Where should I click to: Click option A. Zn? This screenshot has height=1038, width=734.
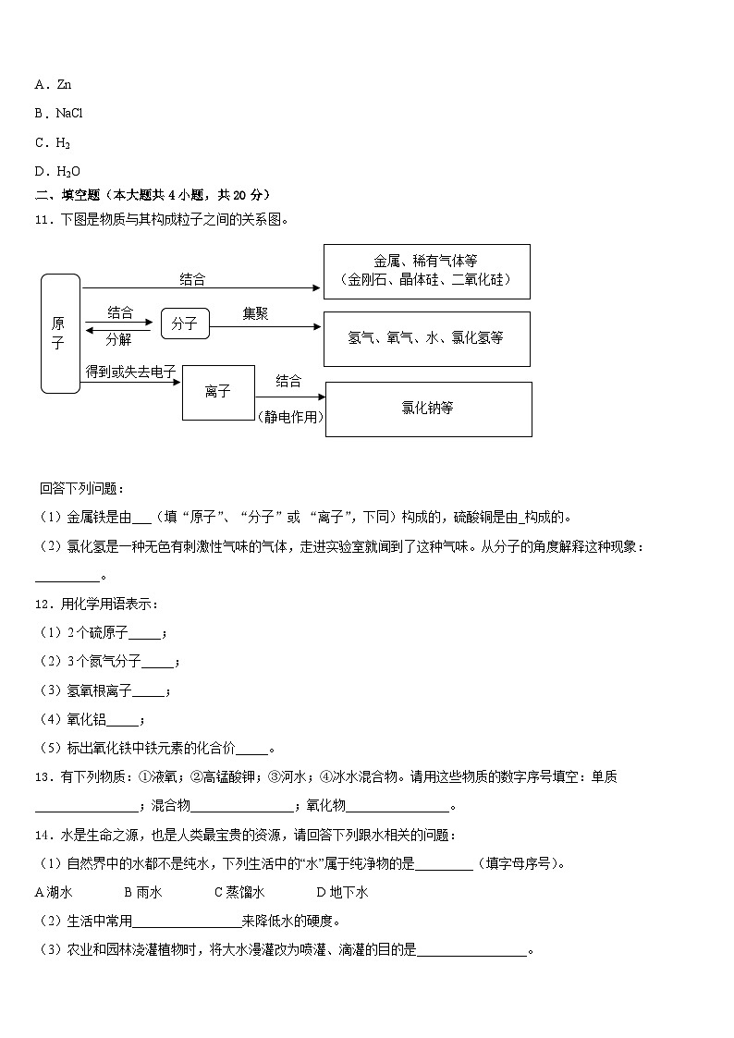(x=53, y=84)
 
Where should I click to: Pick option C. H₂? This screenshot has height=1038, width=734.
(x=53, y=142)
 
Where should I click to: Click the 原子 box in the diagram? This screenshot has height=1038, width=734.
(x=59, y=334)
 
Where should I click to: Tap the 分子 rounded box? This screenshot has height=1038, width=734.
(x=185, y=324)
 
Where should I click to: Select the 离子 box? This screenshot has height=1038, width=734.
(x=218, y=392)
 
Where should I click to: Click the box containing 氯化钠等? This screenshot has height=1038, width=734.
(x=428, y=408)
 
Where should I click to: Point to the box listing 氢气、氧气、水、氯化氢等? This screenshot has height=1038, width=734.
(x=426, y=337)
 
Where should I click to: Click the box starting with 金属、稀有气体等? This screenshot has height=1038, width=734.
(x=426, y=271)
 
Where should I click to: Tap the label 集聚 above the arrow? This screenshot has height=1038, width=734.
(x=255, y=314)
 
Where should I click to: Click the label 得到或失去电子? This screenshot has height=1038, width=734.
(x=130, y=371)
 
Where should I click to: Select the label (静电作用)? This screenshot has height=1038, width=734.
(x=290, y=417)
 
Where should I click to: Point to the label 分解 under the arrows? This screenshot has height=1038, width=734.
(x=118, y=338)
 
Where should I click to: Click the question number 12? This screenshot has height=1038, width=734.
(x=42, y=604)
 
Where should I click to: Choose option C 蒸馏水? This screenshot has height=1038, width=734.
(x=239, y=892)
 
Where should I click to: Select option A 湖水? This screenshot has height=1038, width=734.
(x=54, y=892)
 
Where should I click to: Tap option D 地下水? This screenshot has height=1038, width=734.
(x=342, y=892)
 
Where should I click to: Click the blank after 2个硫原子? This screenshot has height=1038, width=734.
(x=144, y=635)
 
